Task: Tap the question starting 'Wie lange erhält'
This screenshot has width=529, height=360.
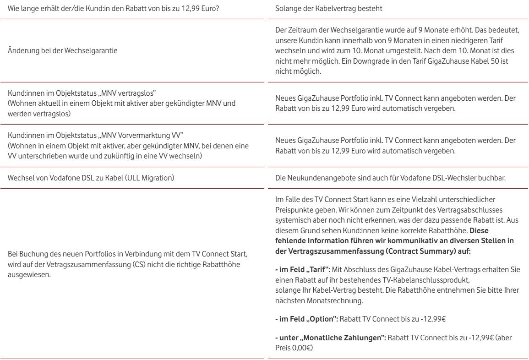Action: pos(113,9)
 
